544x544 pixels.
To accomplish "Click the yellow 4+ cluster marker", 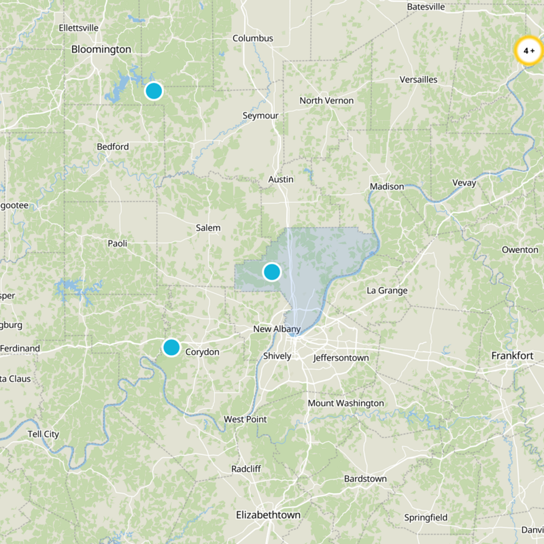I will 528,51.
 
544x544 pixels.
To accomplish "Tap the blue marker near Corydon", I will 171,347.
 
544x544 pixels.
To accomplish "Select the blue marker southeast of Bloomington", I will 154,90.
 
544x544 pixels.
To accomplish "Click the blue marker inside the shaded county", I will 271,272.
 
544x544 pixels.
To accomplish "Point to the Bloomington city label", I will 101,50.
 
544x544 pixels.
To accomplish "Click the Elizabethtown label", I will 268,515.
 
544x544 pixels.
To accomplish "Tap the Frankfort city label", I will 512,356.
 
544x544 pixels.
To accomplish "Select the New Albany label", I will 277,330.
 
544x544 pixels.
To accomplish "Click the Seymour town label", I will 260,116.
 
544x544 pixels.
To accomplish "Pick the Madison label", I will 387,187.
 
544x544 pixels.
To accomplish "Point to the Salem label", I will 208,228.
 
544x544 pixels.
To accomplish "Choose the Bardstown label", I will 365,479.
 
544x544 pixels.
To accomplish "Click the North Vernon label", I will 326,101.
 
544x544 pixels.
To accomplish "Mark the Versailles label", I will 418,80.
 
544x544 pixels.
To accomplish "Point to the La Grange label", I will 387,291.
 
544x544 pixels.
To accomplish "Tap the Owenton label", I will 520,250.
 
